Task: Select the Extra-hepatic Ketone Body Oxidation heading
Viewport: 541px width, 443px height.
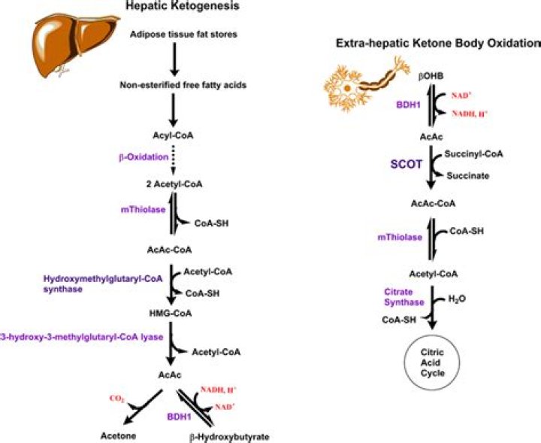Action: click(x=437, y=44)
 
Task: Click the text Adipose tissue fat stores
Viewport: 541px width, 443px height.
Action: click(x=173, y=35)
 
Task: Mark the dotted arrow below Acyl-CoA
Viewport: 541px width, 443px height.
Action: click(x=173, y=157)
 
